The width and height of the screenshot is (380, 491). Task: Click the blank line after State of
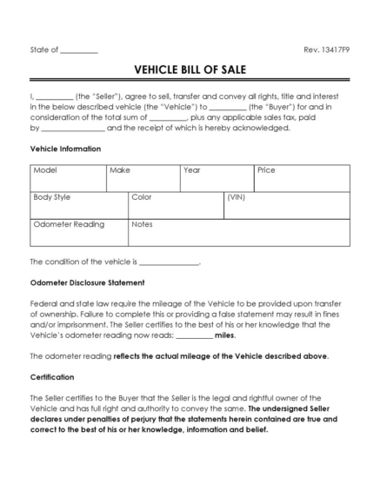point(79,51)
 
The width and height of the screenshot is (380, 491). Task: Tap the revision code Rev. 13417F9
point(326,50)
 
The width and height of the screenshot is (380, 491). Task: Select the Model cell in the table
point(67,178)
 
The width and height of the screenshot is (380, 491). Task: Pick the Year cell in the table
point(216,178)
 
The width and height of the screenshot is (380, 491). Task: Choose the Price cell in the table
point(301,178)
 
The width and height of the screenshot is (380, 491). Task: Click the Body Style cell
point(78,205)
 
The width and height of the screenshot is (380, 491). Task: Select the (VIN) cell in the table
point(286,205)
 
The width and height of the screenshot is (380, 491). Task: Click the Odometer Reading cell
point(78,232)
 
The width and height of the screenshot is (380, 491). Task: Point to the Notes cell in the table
point(238,232)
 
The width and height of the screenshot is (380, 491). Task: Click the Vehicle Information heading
point(65,149)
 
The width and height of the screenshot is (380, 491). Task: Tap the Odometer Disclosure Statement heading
point(87,282)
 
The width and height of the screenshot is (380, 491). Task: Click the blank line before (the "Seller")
point(54,96)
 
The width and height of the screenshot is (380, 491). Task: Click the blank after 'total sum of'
point(168,117)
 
